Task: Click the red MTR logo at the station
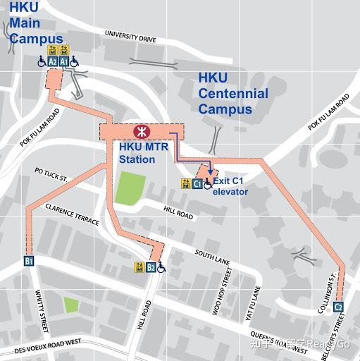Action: [x=142, y=131]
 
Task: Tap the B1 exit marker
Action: [x=30, y=260]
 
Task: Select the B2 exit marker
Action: [x=151, y=267]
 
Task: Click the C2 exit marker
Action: [x=338, y=307]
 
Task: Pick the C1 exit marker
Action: [x=197, y=184]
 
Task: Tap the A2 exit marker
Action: [x=53, y=62]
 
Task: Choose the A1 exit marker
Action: [x=64, y=62]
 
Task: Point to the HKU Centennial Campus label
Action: [x=232, y=94]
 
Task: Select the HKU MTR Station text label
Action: [x=142, y=153]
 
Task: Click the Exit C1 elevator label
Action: [x=230, y=186]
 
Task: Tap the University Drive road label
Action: [x=130, y=36]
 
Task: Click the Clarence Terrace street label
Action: [x=72, y=215]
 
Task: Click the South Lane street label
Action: [x=209, y=254]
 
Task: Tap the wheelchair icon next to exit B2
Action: [x=161, y=267]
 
